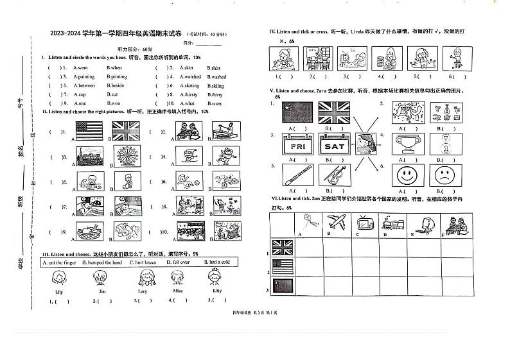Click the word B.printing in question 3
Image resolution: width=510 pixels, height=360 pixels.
pos(119,76)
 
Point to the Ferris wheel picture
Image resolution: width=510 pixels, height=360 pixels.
pos(125,155)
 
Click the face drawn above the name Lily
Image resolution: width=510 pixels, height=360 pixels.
pos(57,278)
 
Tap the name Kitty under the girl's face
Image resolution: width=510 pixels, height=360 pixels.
pos(216,291)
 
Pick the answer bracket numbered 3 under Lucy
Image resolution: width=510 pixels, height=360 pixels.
pos(143,300)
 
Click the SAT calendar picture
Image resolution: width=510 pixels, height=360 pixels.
pos(334,146)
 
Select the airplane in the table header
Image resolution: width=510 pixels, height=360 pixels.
pos(337,223)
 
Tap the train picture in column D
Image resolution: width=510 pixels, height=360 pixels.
pos(393,223)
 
